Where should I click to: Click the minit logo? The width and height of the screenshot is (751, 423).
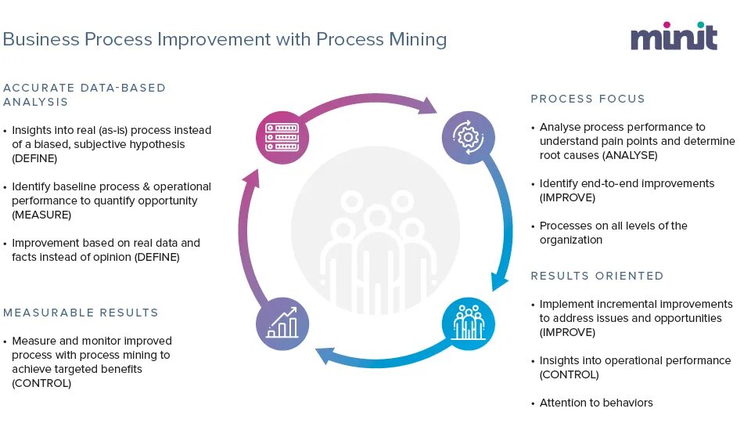[674, 36]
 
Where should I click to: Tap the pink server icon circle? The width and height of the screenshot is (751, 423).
[282, 138]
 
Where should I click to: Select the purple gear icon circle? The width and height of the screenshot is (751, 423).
[468, 138]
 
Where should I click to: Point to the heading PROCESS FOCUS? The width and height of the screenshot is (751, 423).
[588, 99]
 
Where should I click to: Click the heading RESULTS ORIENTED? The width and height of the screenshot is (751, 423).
[597, 276]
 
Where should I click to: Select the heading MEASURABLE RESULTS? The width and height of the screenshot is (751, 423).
[81, 313]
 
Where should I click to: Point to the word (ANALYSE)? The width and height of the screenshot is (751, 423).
[629, 155]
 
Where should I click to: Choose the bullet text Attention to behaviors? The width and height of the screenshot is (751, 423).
[596, 403]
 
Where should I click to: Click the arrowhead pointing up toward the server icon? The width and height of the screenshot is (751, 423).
[250, 179]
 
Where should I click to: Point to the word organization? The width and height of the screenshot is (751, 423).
[571, 240]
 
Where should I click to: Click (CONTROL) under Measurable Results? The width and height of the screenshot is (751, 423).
[41, 383]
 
